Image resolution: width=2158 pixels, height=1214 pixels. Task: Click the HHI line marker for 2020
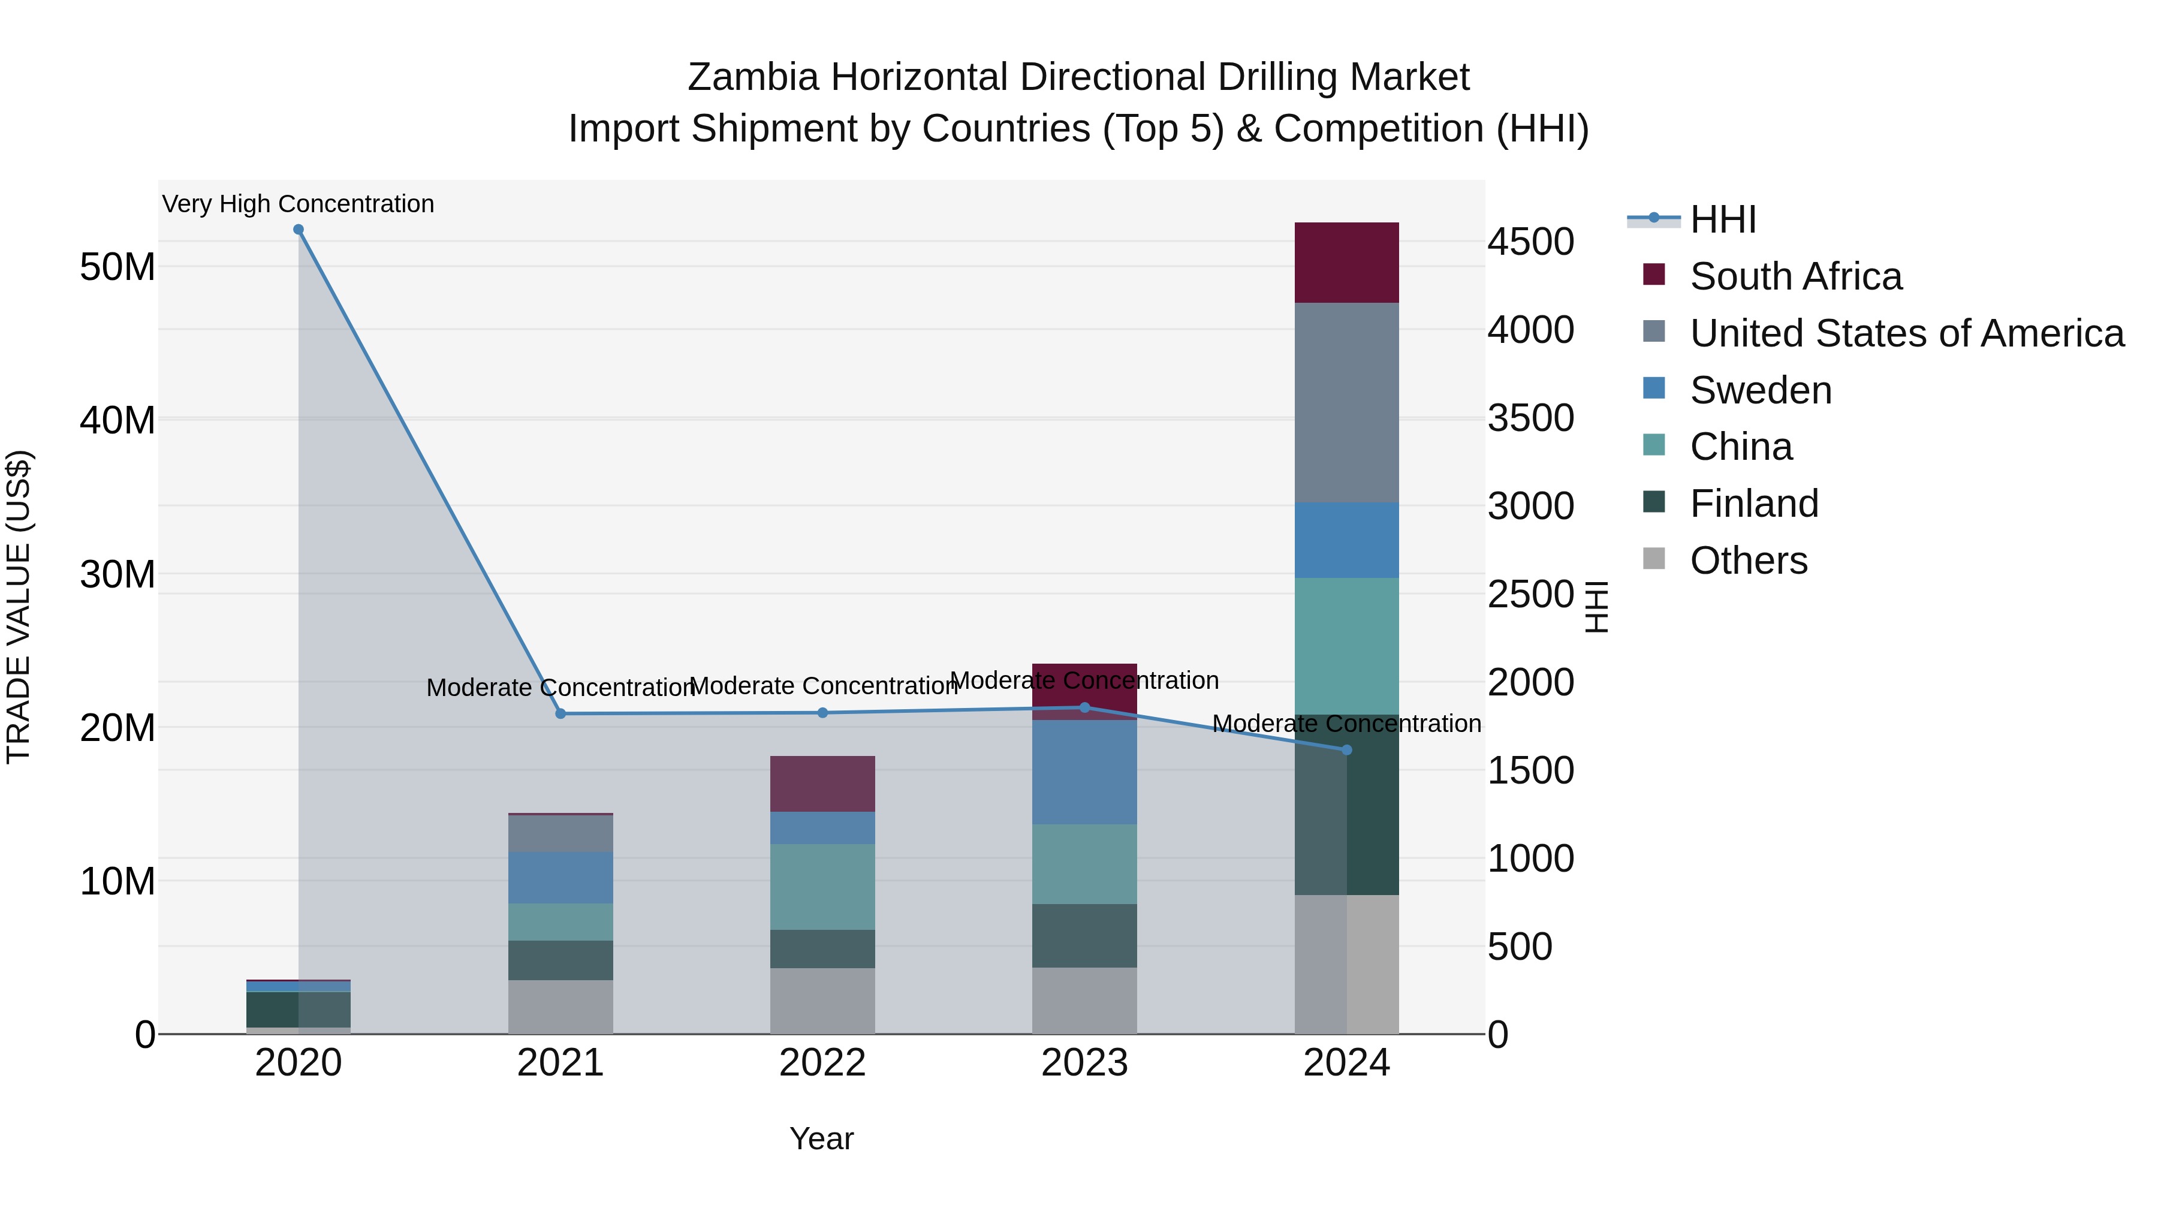299,230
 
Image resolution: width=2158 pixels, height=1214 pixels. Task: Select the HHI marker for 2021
560,714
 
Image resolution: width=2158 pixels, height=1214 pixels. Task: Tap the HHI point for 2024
1347,750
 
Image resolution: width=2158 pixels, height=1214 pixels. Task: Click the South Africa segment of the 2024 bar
1346,262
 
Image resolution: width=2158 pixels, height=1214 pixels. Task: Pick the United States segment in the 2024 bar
1346,402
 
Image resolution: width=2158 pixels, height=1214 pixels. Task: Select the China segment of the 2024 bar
1346,645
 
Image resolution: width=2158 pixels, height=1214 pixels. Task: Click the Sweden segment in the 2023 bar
1084,772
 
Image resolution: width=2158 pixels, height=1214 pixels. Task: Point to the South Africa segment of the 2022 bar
822,784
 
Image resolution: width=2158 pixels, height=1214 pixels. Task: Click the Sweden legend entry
1760,390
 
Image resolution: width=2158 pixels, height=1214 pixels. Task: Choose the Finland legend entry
1753,504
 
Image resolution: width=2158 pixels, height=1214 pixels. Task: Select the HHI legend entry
1722,219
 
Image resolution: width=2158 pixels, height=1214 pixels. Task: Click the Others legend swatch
1654,559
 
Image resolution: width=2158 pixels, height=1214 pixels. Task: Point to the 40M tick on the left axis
117,421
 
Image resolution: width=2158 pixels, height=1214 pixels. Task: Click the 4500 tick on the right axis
1530,242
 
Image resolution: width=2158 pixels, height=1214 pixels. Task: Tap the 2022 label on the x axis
822,1063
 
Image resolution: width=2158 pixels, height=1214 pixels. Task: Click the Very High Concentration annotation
299,204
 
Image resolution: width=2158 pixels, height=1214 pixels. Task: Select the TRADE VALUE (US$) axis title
19,607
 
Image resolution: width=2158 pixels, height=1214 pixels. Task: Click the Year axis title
821,1138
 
